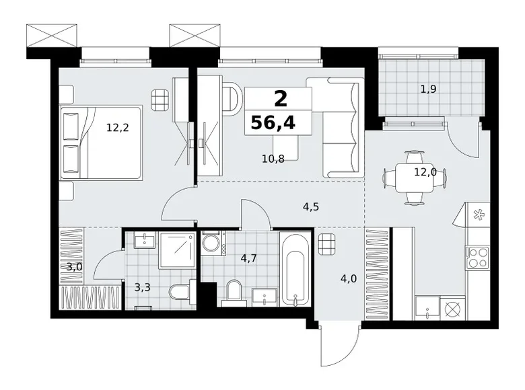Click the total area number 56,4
tap(273, 122)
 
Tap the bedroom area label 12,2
tap(118, 128)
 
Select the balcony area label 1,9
tap(428, 89)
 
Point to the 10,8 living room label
tap(273, 159)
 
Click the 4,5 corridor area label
tap(311, 207)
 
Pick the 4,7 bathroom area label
tap(249, 259)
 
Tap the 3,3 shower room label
tap(142, 287)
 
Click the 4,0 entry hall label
tap(349, 278)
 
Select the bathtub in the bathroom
tap(295, 269)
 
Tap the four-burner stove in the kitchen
tap(477, 257)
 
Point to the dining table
tap(415, 178)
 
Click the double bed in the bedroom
tap(101, 143)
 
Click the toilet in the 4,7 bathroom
tap(234, 292)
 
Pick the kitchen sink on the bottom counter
tap(427, 308)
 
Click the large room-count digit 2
tap(281, 99)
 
